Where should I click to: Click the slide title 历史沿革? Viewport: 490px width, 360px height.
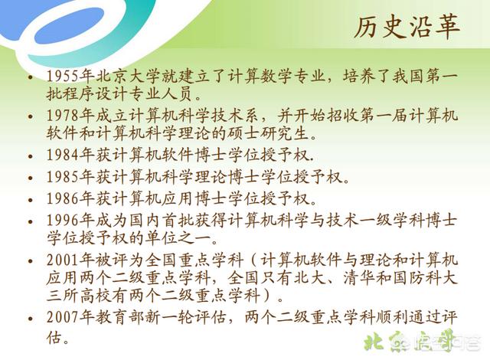[x=407, y=27]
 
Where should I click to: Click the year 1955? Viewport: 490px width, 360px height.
[x=63, y=76]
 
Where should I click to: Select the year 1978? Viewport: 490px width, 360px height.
[x=63, y=116]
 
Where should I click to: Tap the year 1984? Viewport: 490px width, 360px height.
[x=63, y=155]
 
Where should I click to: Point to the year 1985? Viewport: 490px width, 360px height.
[x=63, y=177]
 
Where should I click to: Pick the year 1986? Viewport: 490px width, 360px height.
[x=63, y=198]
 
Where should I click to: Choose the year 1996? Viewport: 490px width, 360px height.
[x=63, y=221]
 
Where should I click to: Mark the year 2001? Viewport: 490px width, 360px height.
[x=63, y=260]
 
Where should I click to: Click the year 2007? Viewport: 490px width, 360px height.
[x=63, y=318]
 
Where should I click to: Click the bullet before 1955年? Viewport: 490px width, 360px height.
[x=31, y=77]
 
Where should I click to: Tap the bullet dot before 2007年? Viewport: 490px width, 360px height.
[x=31, y=319]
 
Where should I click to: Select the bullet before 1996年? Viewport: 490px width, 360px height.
[x=31, y=221]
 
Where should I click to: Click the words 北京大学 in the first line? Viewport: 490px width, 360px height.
[x=128, y=76]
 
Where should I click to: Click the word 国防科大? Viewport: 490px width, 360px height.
[x=426, y=277]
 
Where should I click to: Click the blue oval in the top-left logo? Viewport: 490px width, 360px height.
[x=69, y=25]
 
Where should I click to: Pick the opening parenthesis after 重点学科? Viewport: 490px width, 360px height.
[x=253, y=260]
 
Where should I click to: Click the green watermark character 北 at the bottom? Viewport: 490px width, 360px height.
[x=374, y=342]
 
